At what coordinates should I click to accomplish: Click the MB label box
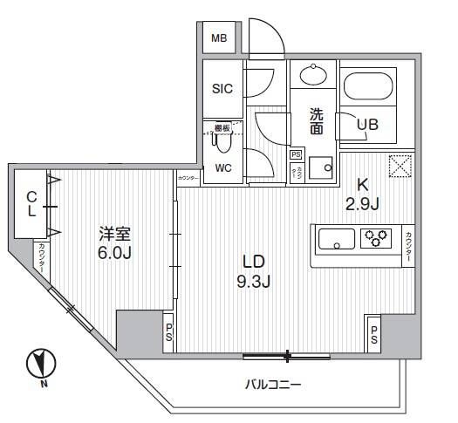[220, 38]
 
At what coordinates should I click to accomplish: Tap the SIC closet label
[221, 88]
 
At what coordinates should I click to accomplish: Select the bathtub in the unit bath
[371, 87]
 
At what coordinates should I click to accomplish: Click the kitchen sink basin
[337, 237]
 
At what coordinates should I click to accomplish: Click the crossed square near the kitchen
[400, 166]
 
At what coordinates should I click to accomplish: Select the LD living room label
[253, 262]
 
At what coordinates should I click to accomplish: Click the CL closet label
[31, 205]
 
